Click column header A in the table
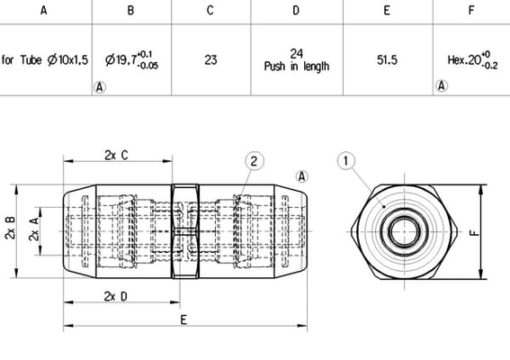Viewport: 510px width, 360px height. click(43, 11)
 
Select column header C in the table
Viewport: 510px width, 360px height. click(210, 11)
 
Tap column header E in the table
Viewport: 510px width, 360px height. click(387, 11)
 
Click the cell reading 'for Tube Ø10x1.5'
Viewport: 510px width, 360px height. click(45, 60)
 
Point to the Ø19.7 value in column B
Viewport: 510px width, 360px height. click(131, 60)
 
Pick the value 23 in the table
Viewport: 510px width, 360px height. click(210, 60)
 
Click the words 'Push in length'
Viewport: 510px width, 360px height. click(297, 67)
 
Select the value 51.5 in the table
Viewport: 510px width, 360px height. click(387, 60)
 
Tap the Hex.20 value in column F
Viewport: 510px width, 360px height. click(472, 60)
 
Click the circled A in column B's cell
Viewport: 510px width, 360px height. click(100, 87)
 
